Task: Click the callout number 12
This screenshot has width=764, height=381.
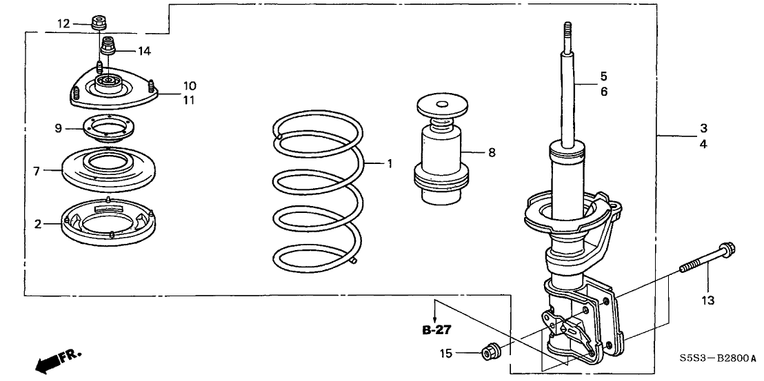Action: coord(63,24)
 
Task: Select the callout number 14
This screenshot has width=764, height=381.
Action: coord(143,51)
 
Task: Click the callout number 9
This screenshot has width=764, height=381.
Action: coord(59,128)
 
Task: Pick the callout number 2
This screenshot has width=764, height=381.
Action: coord(39,223)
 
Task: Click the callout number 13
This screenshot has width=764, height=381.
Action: coord(708,300)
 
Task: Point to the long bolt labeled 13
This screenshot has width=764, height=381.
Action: coord(707,258)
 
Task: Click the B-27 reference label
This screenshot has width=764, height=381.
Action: coord(435,331)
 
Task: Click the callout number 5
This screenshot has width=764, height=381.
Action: coord(603,75)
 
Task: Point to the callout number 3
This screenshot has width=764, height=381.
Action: coord(703,128)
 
